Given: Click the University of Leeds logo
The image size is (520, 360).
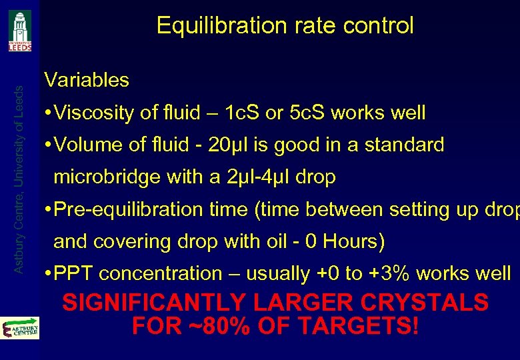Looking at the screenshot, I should (19, 31).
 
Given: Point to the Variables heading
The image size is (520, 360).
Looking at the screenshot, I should (86, 81).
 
